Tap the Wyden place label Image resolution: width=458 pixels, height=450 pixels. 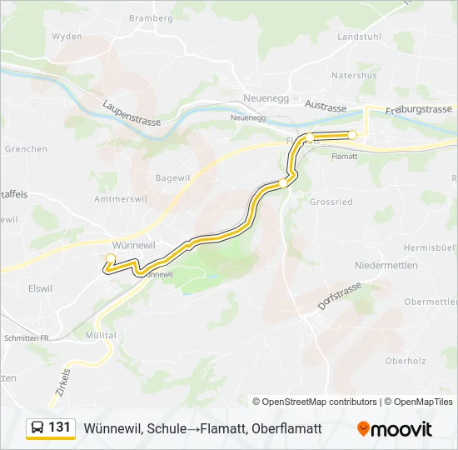point(67,37)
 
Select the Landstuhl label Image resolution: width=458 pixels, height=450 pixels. point(360,37)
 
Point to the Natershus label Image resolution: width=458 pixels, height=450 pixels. point(354,75)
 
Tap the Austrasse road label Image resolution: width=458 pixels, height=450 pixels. point(326,107)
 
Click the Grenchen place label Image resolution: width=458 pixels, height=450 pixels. point(26,149)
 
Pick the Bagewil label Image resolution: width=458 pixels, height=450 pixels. point(173,177)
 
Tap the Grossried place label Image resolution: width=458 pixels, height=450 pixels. point(331,202)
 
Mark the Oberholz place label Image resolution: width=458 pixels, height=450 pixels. point(406,361)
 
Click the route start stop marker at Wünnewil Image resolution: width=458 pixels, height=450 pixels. point(110,258)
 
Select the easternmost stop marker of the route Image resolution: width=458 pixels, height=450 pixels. point(352,135)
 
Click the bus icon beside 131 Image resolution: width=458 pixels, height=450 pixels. point(37,427)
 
